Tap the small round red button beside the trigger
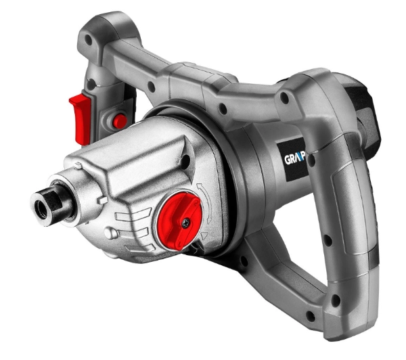pyautogui.click(x=119, y=121)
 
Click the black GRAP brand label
pyautogui.click(x=294, y=162)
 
